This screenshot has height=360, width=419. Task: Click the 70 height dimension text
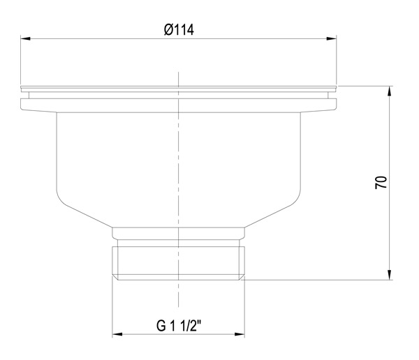(381, 183)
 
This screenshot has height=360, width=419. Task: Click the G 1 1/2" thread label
(179, 325)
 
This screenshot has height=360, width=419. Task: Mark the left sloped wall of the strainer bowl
(84, 213)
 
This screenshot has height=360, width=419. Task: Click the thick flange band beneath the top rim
(179, 105)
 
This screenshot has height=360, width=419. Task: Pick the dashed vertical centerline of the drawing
(179, 167)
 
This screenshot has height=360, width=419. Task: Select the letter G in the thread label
(160, 325)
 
